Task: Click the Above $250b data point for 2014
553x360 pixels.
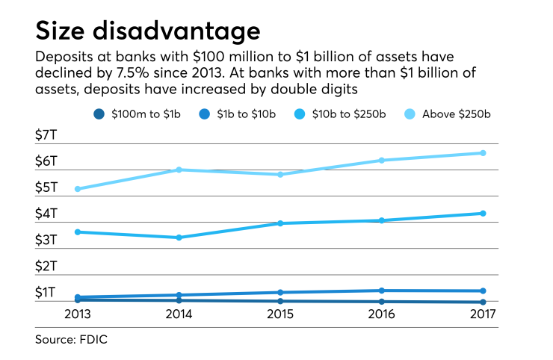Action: tap(179, 170)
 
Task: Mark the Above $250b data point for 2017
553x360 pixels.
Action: tap(483, 153)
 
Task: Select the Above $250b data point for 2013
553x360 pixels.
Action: tap(78, 189)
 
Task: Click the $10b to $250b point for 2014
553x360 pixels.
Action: tap(179, 238)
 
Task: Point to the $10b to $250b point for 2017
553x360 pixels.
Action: tap(483, 214)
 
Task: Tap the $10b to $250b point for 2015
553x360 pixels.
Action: tap(280, 223)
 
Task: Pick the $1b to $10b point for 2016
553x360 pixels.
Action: tap(381, 291)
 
